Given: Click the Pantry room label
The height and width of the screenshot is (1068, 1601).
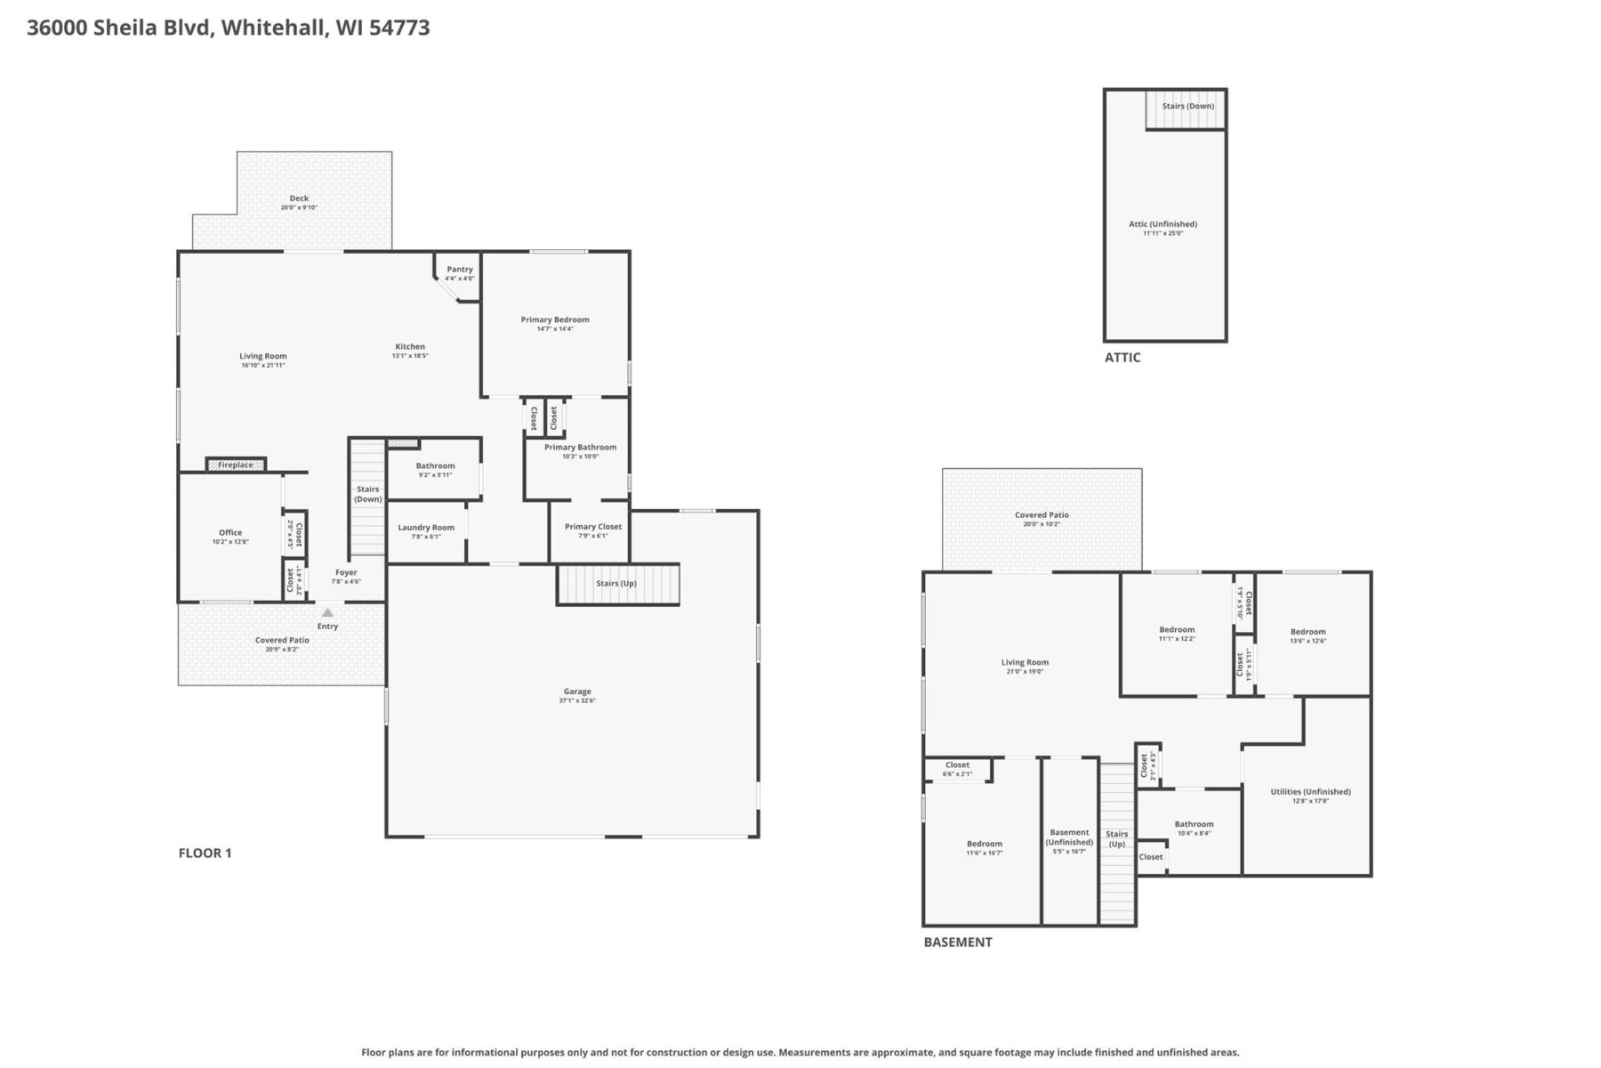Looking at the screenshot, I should [x=460, y=270].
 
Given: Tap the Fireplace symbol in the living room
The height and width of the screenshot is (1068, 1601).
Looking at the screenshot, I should [x=236, y=465].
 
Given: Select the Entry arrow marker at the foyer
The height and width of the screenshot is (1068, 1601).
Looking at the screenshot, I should [x=327, y=612].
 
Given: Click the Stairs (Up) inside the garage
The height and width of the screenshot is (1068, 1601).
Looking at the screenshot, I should [x=617, y=584].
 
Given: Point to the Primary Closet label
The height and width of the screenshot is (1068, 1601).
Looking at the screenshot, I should [x=593, y=527].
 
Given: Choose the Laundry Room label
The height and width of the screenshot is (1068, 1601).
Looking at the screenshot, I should [x=426, y=528].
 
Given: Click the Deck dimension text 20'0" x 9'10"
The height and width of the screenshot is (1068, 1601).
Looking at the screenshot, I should [x=299, y=207].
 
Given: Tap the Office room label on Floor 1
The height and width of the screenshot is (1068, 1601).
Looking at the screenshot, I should [x=230, y=533].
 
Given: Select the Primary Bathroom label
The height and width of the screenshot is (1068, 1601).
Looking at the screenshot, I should [x=580, y=448].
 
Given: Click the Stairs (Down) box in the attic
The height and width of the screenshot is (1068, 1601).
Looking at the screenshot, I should [x=1187, y=107].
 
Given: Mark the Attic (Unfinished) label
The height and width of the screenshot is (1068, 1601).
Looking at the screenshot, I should [x=1163, y=224].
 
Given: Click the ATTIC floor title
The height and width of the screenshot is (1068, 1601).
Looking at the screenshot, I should [x=1122, y=358].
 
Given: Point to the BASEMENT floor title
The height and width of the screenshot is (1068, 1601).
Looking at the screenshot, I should [x=957, y=943].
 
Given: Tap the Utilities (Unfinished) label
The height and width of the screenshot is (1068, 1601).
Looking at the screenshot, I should [x=1310, y=792].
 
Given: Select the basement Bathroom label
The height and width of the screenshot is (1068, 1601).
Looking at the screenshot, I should [x=1194, y=824].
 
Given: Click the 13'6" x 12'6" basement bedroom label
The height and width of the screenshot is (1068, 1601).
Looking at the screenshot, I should [x=1307, y=641].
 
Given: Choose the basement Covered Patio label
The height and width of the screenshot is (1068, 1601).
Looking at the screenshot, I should [x=1042, y=515].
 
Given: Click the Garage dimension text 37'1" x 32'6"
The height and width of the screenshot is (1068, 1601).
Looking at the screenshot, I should [x=577, y=700].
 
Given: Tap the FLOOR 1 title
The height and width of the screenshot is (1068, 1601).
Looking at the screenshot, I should [x=205, y=854].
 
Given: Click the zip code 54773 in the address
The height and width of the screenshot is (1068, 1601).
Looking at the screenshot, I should [x=399, y=28].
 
